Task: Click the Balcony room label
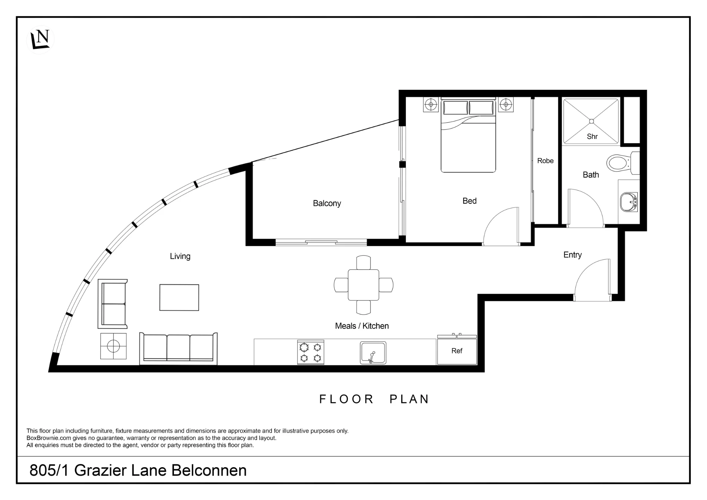(327, 203)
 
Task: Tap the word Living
(180, 256)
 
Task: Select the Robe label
(545, 161)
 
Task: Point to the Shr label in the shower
(592, 136)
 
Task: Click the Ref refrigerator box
(457, 351)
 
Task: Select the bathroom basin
(629, 202)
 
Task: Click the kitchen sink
(373, 353)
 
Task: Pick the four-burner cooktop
(311, 352)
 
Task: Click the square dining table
(363, 285)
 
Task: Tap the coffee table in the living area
(179, 297)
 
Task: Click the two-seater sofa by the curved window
(112, 304)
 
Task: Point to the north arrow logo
(40, 40)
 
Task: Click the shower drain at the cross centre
(591, 121)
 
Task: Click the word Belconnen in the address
(209, 471)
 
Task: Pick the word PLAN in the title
(409, 399)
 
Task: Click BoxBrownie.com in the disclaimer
(49, 438)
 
